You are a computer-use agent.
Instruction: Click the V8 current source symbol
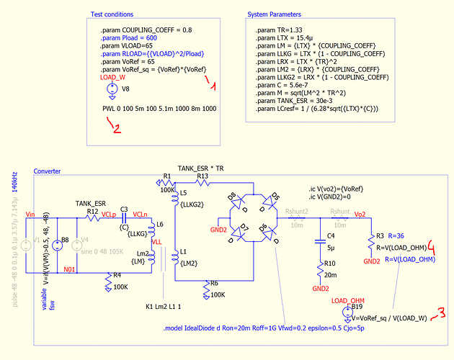click(113, 90)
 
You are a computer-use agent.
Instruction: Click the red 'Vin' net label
click(30, 214)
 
